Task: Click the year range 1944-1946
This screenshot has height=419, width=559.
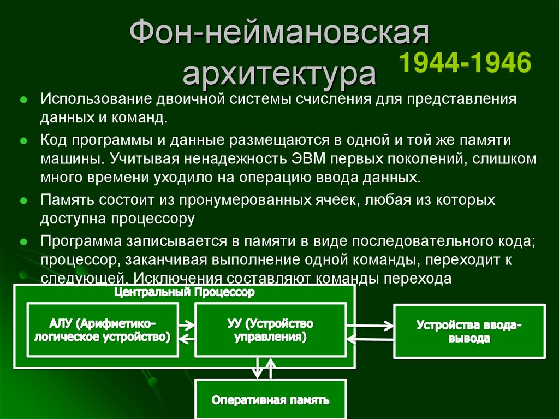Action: tap(466, 63)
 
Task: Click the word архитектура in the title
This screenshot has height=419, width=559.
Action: tap(279, 74)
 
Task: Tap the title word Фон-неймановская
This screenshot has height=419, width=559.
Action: tap(279, 34)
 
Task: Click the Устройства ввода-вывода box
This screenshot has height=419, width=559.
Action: tap(469, 331)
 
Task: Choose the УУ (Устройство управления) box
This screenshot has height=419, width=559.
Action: tap(270, 330)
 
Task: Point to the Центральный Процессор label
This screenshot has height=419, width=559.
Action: tap(185, 293)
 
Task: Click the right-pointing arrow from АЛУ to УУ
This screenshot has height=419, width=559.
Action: tap(186, 323)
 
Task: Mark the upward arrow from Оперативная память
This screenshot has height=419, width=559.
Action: tap(269, 368)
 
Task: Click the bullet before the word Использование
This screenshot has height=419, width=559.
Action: tap(23, 101)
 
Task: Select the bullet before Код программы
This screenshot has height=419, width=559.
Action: tap(23, 140)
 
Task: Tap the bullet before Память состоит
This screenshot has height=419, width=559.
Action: tap(23, 200)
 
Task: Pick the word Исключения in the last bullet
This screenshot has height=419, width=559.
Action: tap(171, 278)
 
